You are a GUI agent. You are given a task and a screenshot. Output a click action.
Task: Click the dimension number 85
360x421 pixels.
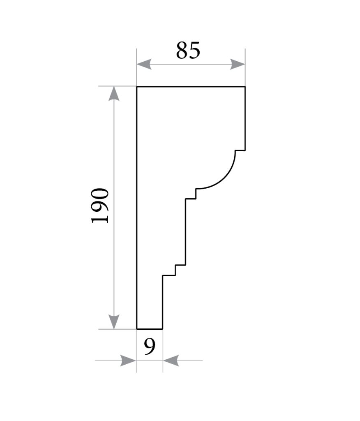coord(188,50)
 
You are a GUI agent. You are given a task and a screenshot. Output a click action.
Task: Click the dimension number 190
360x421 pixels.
coord(100,206)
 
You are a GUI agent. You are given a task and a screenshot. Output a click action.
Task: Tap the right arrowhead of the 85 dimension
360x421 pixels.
coord(238,65)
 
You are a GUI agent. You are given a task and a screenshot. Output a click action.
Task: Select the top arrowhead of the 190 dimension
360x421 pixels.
coord(114,94)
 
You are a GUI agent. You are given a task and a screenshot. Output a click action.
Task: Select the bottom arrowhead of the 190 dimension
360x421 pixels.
coord(114,322)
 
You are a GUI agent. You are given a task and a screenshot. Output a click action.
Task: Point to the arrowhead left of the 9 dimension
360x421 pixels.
coord(128,361)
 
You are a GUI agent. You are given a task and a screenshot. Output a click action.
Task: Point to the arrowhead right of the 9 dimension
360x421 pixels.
coord(171,361)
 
